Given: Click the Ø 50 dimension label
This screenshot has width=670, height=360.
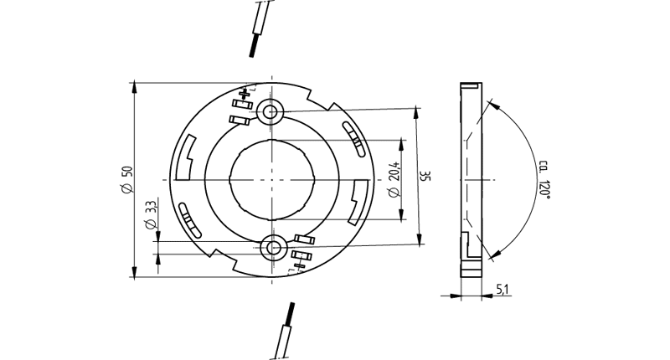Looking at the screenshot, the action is coord(128,179).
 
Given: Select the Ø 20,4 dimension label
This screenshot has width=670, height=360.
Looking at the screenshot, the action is coord(394,179).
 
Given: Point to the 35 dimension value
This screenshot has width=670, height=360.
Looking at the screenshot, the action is coord(425,176).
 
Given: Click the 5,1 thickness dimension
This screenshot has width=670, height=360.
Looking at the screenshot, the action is coord(502,290).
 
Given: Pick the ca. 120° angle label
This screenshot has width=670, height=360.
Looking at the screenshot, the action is coord(544,178).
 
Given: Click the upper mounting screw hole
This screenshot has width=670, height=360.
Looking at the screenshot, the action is coord(270,112).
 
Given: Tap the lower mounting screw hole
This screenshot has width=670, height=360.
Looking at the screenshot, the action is coord(273,247).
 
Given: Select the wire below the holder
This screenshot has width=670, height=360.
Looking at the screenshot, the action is coord(285,331).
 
